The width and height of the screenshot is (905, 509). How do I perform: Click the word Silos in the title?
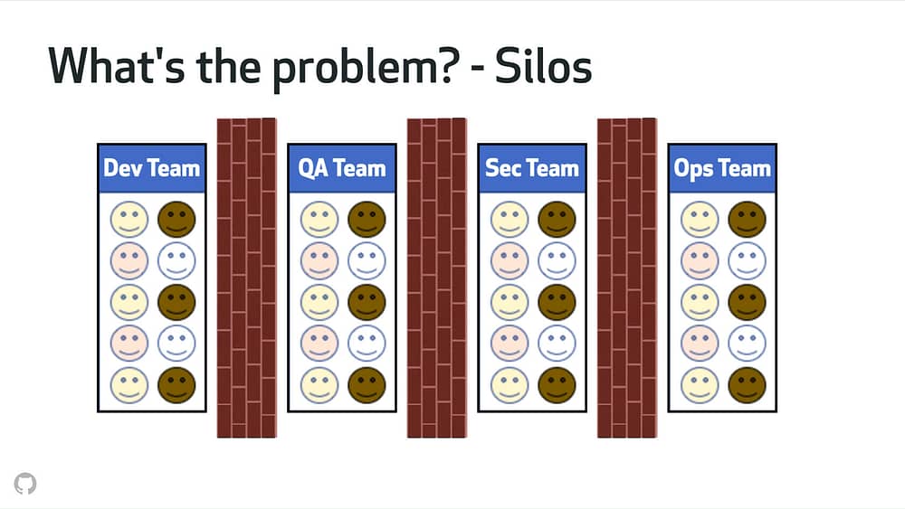point(543,66)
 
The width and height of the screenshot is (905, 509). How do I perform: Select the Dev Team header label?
point(152,168)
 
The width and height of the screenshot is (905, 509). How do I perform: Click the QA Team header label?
point(342,168)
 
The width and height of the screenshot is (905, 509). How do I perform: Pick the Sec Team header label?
point(531,168)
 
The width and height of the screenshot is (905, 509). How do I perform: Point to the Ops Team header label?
point(722,169)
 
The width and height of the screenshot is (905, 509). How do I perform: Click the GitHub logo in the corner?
point(25,484)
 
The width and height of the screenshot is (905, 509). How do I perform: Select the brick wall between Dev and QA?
point(246,278)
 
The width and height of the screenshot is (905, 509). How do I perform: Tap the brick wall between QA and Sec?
point(437,278)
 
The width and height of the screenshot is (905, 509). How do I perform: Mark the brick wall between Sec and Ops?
point(627,278)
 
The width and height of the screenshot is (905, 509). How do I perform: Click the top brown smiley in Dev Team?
point(176,219)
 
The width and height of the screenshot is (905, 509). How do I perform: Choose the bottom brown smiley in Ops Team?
point(747,385)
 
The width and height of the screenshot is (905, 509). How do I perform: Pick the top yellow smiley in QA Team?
point(319,219)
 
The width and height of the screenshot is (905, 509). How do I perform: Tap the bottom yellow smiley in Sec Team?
point(509,385)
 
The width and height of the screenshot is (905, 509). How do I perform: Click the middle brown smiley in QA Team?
point(367,302)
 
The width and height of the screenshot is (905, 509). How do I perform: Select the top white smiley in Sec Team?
point(557,260)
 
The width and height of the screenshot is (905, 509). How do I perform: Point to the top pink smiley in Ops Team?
point(700,260)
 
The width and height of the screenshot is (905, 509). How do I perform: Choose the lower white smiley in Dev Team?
point(176,344)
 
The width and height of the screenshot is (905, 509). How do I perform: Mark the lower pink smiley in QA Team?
point(319,344)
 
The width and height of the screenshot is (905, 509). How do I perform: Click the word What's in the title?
point(117,66)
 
